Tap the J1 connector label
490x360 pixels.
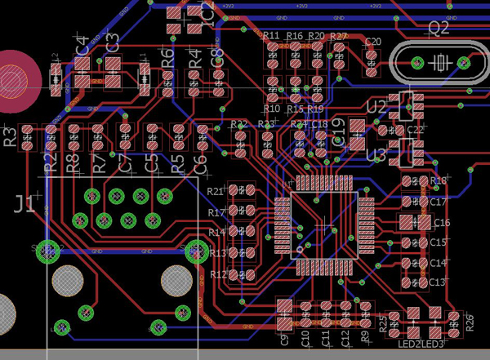[24, 203]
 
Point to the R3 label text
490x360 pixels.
[11, 137]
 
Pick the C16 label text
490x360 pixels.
[441, 222]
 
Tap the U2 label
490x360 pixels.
[376, 108]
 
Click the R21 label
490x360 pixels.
[216, 191]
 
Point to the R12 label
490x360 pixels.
[218, 275]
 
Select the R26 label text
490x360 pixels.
[470, 321]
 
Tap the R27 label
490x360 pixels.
[338, 37]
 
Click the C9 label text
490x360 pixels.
[284, 340]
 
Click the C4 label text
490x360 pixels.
[82, 46]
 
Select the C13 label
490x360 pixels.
[439, 282]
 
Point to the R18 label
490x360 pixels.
[439, 180]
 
